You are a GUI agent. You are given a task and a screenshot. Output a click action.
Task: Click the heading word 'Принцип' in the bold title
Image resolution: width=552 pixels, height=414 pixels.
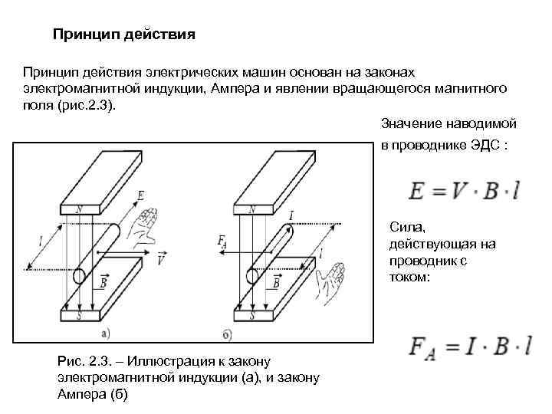click(81, 34)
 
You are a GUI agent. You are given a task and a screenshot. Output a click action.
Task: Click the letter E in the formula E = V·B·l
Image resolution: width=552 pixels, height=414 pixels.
click(417, 191)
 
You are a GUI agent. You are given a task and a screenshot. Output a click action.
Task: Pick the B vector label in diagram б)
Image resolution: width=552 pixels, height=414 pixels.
click(274, 281)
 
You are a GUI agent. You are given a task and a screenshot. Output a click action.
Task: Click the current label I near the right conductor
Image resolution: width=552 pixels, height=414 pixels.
click(291, 215)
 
